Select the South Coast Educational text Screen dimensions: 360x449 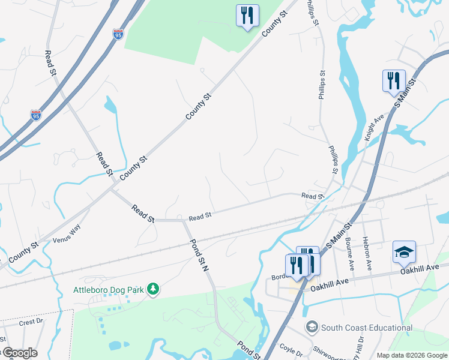[x=366, y=328]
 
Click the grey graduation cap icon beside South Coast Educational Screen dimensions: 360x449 [x=312, y=328]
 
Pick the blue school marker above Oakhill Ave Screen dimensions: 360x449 [x=404, y=252]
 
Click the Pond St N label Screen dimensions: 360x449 [x=199, y=256]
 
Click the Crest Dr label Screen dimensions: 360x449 [x=31, y=322]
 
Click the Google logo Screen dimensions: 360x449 [x=19, y=353]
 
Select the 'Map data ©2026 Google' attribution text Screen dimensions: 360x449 [x=411, y=355]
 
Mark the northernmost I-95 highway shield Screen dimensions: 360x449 [x=118, y=34]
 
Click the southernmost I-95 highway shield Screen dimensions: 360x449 [x=36, y=115]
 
